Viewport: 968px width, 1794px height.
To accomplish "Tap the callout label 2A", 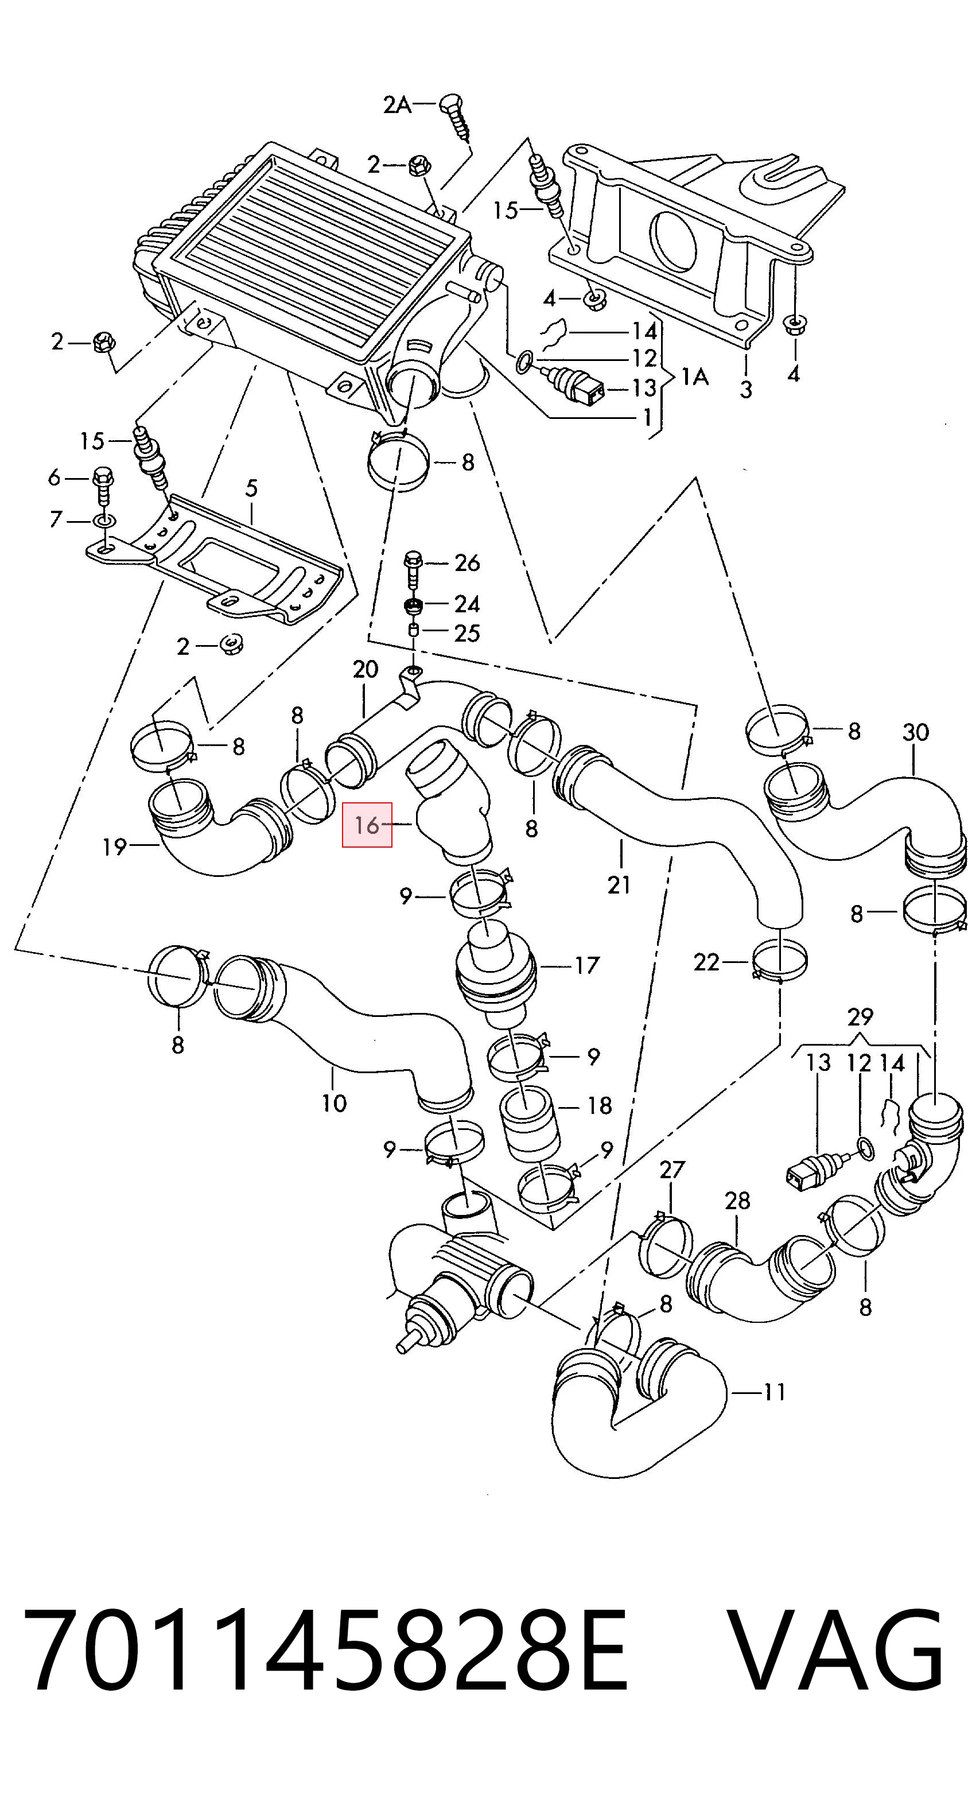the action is pos(397,104).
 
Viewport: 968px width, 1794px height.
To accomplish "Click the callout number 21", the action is pos(619,884).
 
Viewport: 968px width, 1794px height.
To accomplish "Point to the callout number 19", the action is pos(114,847).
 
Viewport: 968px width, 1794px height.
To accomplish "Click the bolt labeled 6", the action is pos(102,486).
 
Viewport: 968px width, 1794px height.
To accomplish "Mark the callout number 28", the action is pos(737,1200).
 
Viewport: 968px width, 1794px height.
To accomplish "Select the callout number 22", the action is pos(706,962).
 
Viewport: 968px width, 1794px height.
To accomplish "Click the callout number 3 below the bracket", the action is pos(746,389).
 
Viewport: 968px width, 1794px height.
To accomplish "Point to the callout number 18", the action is pos(599,1105).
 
